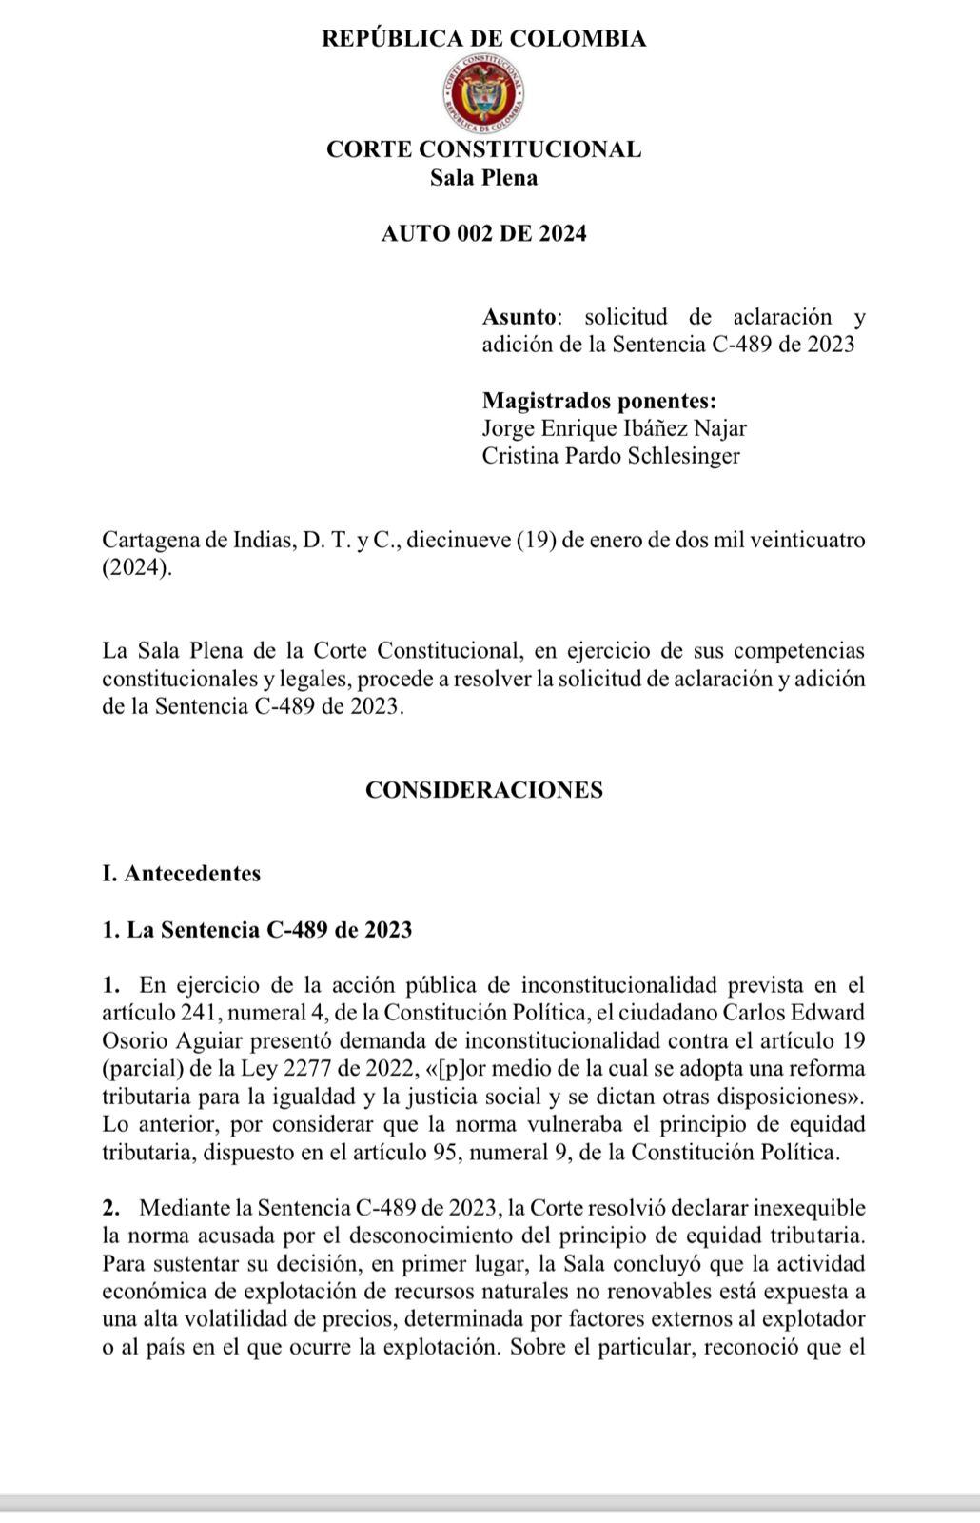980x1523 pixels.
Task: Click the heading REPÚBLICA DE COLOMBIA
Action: (x=483, y=39)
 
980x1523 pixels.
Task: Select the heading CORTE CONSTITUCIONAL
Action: (x=483, y=149)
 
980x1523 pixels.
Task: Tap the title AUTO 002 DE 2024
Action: (x=483, y=233)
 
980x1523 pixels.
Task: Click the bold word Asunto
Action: (x=520, y=317)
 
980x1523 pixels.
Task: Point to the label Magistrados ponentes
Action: (x=599, y=400)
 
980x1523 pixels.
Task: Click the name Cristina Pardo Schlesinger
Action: (x=610, y=456)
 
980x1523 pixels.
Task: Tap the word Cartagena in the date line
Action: (x=150, y=541)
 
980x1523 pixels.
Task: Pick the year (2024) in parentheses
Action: (x=137, y=568)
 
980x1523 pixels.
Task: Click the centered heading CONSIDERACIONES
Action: (x=483, y=790)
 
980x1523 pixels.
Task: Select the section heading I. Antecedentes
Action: (x=181, y=874)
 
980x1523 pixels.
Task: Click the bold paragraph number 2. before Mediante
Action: (x=111, y=1208)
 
